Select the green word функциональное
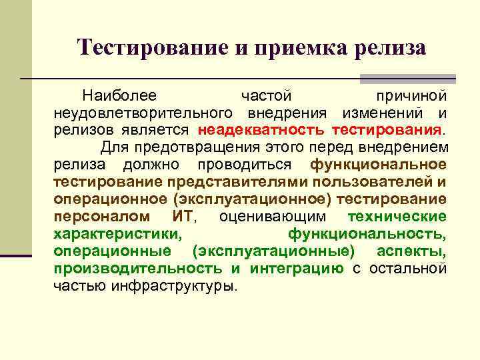tap(379, 164)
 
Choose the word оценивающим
tap(273, 217)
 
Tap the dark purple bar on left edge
tap(16, 255)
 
